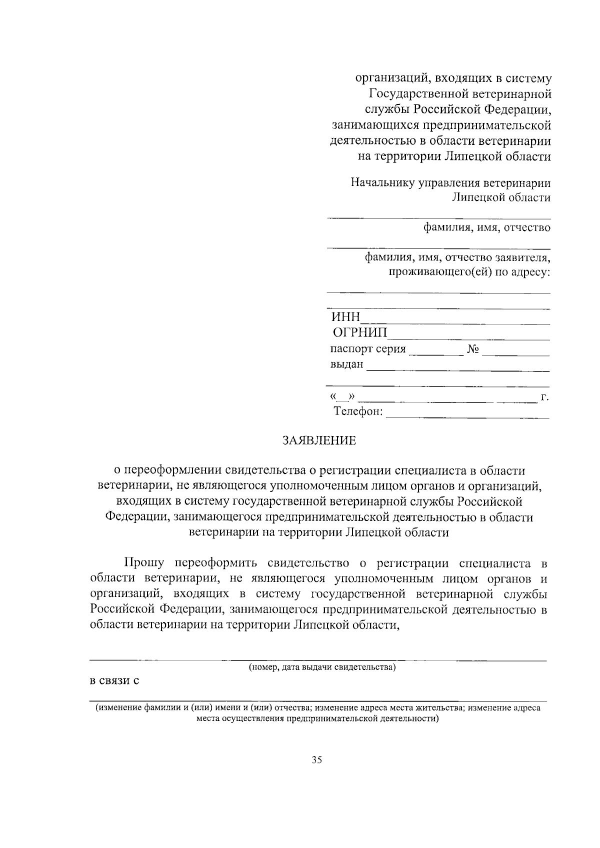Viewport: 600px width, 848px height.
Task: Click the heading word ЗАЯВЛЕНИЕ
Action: coord(319,440)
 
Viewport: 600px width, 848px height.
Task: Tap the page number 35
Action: coord(317,760)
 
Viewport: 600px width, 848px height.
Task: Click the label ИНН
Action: coord(345,317)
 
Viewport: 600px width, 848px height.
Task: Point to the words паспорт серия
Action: coord(368,349)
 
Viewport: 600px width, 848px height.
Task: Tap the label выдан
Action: coord(346,364)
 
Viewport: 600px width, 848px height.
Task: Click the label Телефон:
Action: coord(358,411)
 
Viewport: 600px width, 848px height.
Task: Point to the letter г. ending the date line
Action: coord(545,397)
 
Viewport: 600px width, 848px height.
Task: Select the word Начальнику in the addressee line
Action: coord(381,182)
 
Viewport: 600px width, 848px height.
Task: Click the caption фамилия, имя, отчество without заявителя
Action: coord(487,228)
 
